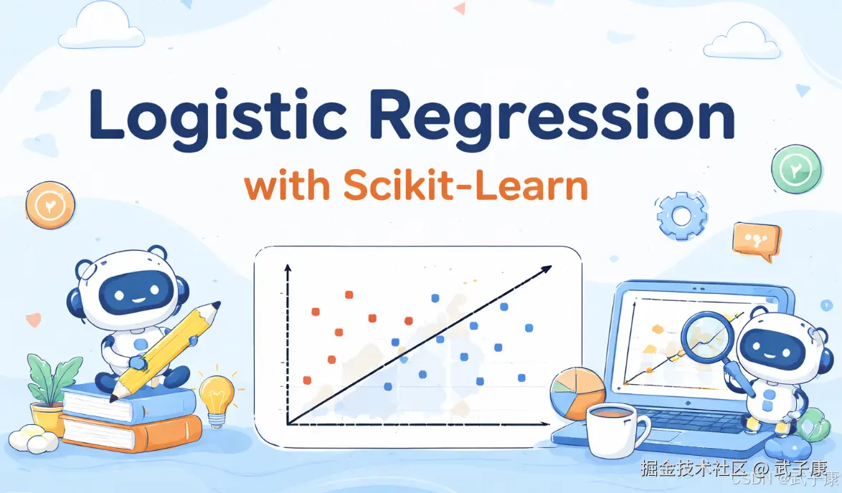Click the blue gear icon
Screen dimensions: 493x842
[x=681, y=215]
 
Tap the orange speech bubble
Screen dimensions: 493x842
[x=756, y=239]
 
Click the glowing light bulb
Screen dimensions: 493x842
[x=217, y=396]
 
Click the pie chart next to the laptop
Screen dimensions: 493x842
[x=577, y=393]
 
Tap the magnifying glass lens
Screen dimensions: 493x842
[x=706, y=337]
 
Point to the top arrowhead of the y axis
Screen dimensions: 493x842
[x=288, y=268]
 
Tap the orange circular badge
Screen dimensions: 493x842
[x=50, y=206]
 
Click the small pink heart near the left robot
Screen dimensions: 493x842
[x=34, y=320]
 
